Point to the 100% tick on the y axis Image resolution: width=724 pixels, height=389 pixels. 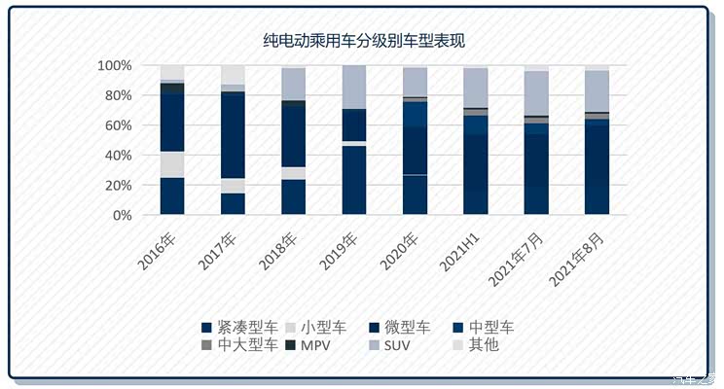pyautogui.click(x=114, y=65)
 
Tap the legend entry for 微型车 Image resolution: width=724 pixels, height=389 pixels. pyautogui.click(x=408, y=327)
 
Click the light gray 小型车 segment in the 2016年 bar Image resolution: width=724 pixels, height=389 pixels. pyautogui.click(x=172, y=164)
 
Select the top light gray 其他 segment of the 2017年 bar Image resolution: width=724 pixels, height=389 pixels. pyautogui.click(x=233, y=75)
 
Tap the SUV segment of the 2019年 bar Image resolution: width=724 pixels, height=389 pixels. pyautogui.click(x=354, y=87)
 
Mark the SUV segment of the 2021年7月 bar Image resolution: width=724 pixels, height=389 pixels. pyautogui.click(x=535, y=93)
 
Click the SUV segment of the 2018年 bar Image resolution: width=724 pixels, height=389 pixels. pyautogui.click(x=293, y=84)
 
